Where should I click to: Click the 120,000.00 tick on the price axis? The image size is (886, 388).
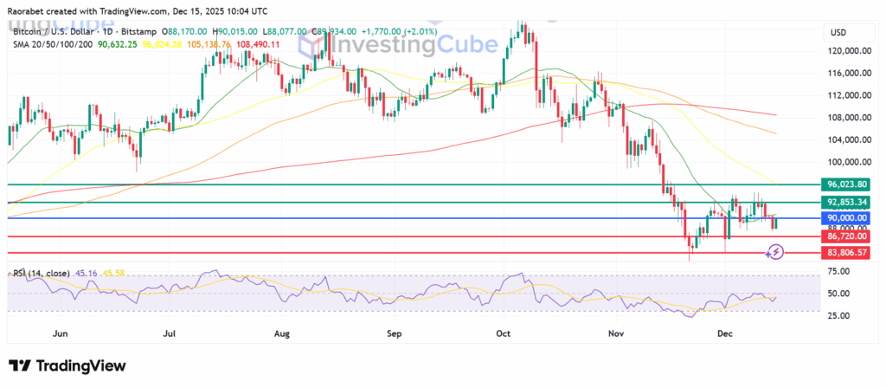(x=849, y=51)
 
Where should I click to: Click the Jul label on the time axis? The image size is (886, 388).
(x=170, y=332)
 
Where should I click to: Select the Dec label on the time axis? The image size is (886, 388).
(x=725, y=332)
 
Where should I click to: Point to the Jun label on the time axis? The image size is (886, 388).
(x=60, y=332)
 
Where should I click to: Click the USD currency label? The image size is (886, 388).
(x=838, y=32)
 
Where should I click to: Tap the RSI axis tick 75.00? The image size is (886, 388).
(x=838, y=271)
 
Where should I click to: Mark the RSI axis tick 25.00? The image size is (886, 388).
(x=838, y=314)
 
